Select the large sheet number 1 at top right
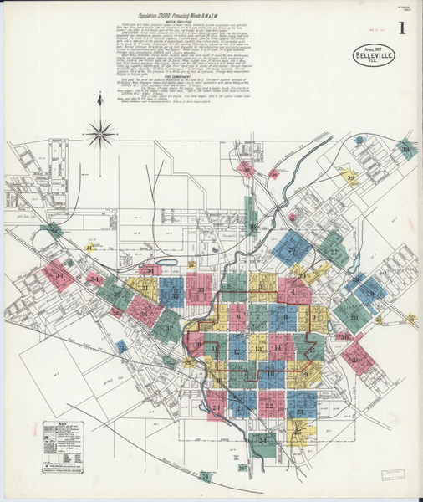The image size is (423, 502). pos(403,28)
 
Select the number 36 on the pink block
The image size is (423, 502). pos(145,315)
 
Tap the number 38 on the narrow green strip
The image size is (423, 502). pos(250,226)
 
